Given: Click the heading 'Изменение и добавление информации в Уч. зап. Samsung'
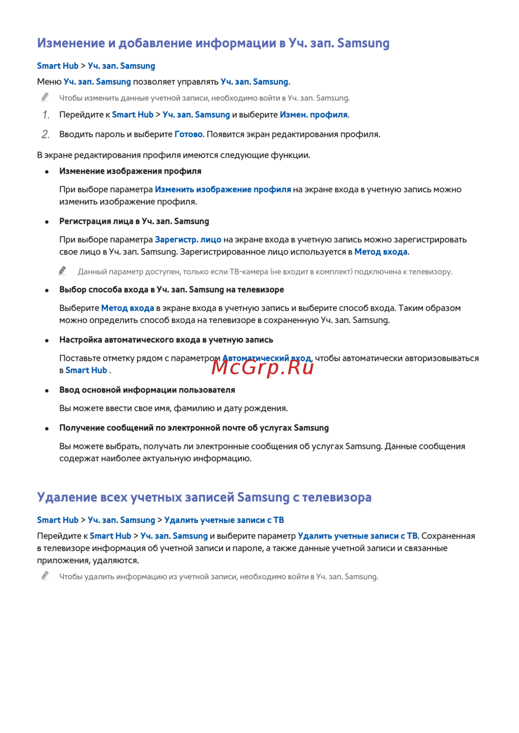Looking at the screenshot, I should (213, 43).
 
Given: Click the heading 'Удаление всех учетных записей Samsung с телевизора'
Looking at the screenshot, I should (204, 497).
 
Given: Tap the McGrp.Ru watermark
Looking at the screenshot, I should (263, 367).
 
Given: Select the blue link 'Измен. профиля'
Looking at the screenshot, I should (313, 115).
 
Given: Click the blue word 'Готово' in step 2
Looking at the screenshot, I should (188, 134).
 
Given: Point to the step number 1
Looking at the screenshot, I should (46, 115).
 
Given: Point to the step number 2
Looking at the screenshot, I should (46, 135).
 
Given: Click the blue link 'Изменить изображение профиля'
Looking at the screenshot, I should (223, 190).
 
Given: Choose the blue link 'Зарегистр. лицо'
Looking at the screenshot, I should (188, 239).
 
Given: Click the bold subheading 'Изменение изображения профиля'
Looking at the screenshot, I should (130, 171).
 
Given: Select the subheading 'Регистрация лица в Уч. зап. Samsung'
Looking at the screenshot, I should (134, 221).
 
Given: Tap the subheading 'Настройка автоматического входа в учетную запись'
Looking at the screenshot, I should (166, 340).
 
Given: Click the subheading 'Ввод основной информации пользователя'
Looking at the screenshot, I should (147, 390).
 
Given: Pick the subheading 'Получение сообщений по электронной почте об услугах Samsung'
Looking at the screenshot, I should (194, 428).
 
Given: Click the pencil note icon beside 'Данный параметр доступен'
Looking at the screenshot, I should (63, 271).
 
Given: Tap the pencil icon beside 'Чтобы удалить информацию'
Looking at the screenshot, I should (46, 575).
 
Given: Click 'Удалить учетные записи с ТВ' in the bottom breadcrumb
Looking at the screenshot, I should (224, 520).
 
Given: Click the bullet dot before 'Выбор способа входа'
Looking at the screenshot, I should (47, 290).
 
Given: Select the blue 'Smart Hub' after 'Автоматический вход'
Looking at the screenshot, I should (86, 370).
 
